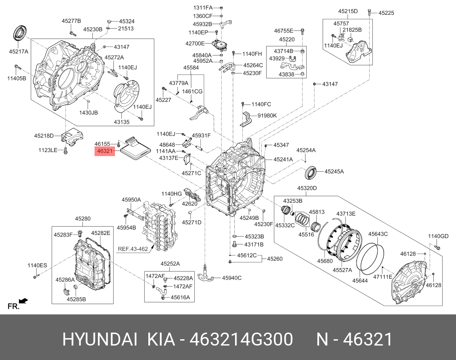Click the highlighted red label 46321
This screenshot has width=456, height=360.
click(x=105, y=151)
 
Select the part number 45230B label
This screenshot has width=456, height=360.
click(x=92, y=29)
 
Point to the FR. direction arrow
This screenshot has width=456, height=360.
click(x=23, y=301)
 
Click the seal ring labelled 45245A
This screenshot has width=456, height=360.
click(x=311, y=172)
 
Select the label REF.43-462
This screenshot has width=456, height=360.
click(x=132, y=249)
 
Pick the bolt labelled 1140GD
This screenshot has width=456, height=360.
click(x=436, y=246)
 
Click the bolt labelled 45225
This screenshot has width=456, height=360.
click(x=370, y=12)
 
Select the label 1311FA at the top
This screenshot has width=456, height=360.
click(x=203, y=8)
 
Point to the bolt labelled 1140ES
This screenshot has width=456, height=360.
click(x=36, y=276)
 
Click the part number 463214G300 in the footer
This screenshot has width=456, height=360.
click(x=241, y=340)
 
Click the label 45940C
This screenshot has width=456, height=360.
click(x=232, y=278)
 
